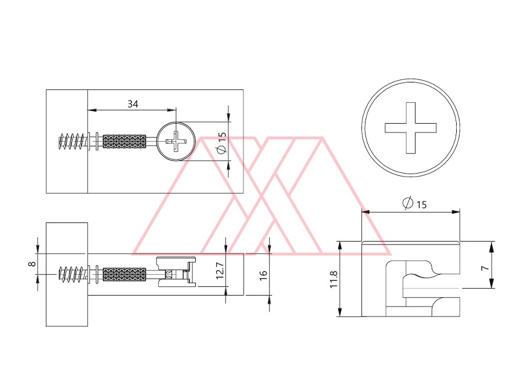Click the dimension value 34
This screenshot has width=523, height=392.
click(x=132, y=104)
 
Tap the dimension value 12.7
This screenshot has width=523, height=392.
click(x=220, y=270)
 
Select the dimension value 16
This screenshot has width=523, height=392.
click(x=263, y=275)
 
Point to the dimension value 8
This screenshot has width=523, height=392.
click(x=32, y=264)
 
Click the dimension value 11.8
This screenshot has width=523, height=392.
click(x=334, y=279)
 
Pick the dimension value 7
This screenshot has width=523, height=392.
click(x=485, y=268)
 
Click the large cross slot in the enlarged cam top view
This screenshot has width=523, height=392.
click(x=411, y=128)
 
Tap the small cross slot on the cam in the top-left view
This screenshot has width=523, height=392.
click(x=176, y=141)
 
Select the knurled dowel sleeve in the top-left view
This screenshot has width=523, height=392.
click(x=124, y=141)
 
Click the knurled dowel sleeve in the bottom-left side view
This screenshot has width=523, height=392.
click(x=124, y=274)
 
